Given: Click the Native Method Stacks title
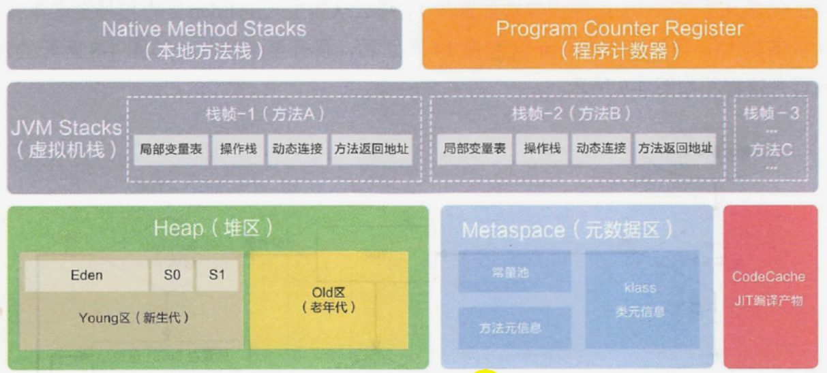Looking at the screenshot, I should click(204, 29).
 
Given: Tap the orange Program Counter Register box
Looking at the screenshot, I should click(619, 38).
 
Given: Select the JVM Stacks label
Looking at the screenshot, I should click(66, 128).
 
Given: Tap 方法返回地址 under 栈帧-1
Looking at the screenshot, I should click(372, 148).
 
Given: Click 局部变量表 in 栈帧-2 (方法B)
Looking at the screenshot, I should click(475, 148).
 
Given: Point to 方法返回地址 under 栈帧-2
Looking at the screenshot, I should click(676, 148).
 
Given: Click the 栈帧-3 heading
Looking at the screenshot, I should click(771, 113).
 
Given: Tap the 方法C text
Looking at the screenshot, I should click(771, 150).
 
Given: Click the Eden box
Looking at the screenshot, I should click(87, 276).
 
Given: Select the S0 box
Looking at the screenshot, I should click(172, 276).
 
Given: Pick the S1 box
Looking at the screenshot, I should click(217, 276).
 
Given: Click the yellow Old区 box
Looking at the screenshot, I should click(329, 300).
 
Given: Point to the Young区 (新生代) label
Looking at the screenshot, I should click(134, 318).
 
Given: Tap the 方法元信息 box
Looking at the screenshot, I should click(510, 327).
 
